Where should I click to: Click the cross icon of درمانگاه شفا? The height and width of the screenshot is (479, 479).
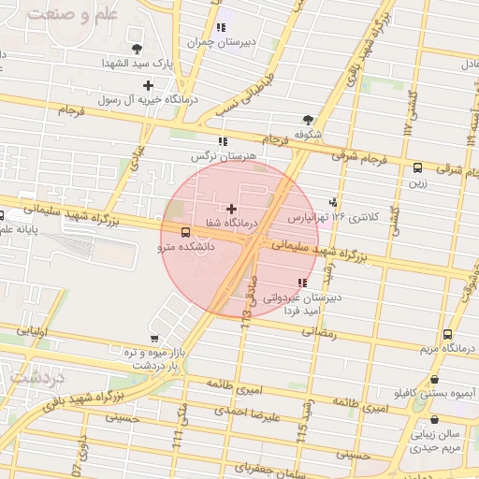click(232, 209)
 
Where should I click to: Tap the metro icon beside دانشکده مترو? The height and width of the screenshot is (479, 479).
click(184, 232)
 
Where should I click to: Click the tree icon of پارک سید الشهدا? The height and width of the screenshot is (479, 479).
click(138, 48)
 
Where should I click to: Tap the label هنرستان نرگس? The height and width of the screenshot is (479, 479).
click(198, 154)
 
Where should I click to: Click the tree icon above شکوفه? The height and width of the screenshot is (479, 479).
click(308, 119)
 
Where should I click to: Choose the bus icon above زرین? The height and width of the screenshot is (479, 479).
click(417, 167)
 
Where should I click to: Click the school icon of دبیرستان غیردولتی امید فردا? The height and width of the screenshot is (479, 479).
click(301, 283)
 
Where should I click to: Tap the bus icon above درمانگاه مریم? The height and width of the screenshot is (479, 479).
click(447, 334)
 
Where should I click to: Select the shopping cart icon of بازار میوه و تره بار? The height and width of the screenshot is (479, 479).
click(153, 338)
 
